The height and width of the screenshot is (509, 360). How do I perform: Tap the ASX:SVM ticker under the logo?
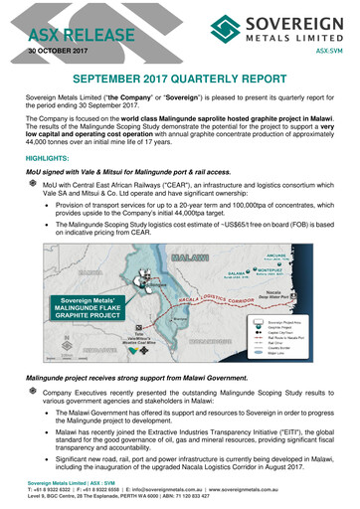coord(331,48)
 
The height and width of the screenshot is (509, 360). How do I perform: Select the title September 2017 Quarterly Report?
coord(179,78)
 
